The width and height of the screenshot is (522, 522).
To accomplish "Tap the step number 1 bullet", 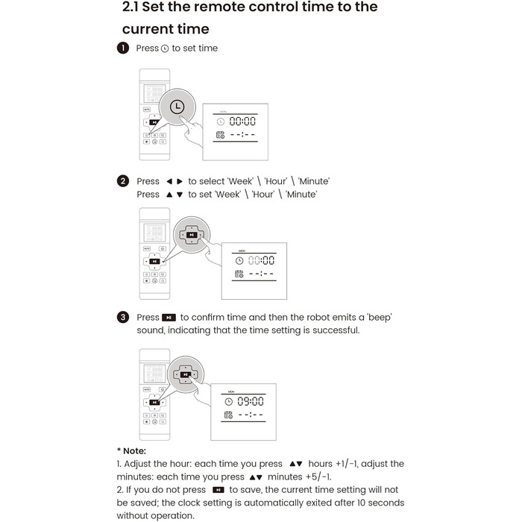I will pyautogui.click(x=123, y=48).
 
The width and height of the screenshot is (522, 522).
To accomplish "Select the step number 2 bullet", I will pyautogui.click(x=123, y=181).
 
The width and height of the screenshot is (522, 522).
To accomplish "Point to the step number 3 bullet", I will pyautogui.click(x=123, y=317).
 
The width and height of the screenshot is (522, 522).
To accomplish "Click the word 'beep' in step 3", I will pyautogui.click(x=377, y=317).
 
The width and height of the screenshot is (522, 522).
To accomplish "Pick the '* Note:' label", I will pyautogui.click(x=131, y=450).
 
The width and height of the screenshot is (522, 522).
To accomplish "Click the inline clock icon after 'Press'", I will pyautogui.click(x=165, y=48).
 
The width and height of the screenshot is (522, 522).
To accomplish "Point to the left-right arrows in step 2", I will pyautogui.click(x=174, y=181).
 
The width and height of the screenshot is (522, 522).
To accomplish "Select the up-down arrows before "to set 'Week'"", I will pyautogui.click(x=174, y=195).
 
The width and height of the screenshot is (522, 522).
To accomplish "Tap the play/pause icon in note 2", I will pyautogui.click(x=218, y=490).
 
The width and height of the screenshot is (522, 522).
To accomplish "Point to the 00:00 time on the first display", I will pyautogui.click(x=242, y=121).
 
